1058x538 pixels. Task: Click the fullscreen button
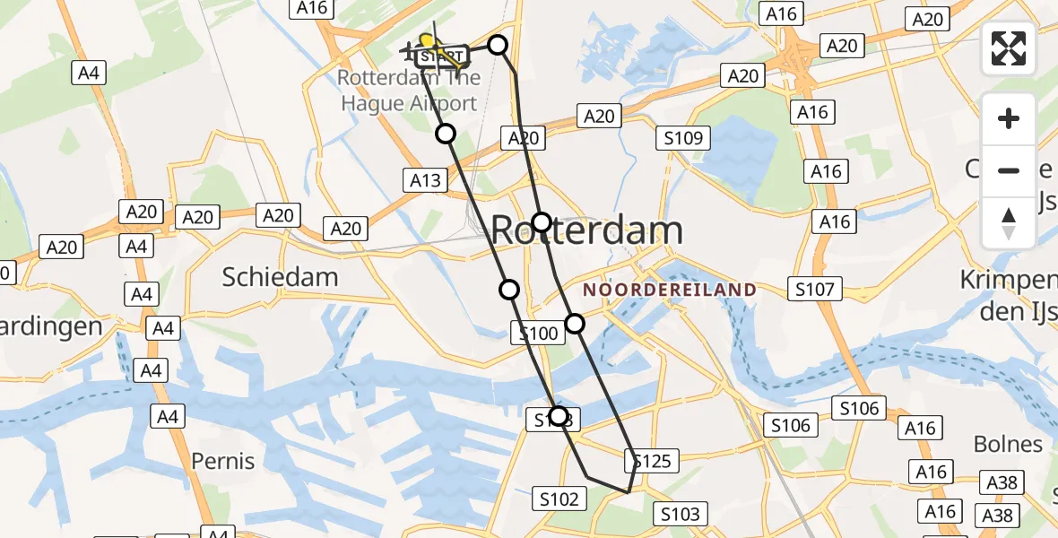[1009, 48]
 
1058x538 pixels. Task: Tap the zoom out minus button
[1009, 170]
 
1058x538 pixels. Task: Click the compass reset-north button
[1009, 221]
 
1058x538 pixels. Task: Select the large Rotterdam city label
[587, 230]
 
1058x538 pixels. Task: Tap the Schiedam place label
[280, 277]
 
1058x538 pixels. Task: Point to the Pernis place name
[223, 462]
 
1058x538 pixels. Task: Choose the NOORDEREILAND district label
[670, 290]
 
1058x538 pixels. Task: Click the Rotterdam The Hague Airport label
[408, 91]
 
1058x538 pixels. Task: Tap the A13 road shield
[425, 180]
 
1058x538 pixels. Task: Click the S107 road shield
[815, 289]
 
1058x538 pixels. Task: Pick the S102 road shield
[560, 499]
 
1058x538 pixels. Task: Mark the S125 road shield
[651, 462]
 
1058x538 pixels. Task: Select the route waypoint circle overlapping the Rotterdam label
[542, 222]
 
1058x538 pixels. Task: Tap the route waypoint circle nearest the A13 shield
[446, 134]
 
